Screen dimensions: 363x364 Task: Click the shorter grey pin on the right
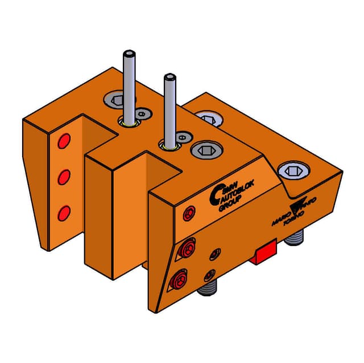pyautogui.click(x=169, y=108)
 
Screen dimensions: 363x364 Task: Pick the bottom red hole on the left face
pyautogui.click(x=64, y=213)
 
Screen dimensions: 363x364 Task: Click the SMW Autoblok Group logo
pyautogui.click(x=226, y=197)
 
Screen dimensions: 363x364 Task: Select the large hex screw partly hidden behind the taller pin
pyautogui.click(x=116, y=100)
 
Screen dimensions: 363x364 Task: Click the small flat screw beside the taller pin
pyautogui.click(x=142, y=115)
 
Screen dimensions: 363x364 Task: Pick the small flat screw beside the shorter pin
pyautogui.click(x=183, y=137)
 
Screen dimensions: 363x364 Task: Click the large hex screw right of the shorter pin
pyautogui.click(x=203, y=150)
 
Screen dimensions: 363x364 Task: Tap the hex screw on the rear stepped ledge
pyautogui.click(x=208, y=119)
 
